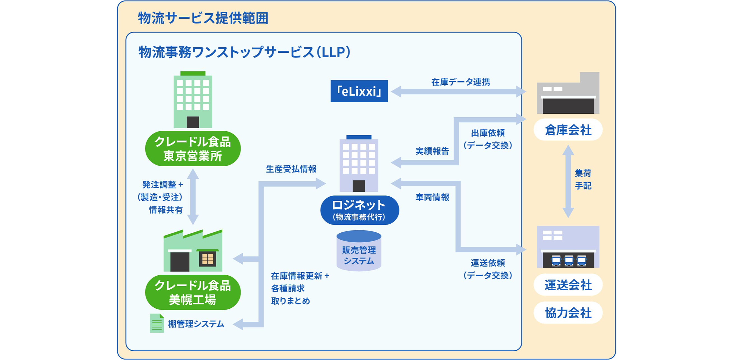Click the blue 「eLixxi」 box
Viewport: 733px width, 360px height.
359,91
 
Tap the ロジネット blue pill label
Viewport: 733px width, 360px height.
360,210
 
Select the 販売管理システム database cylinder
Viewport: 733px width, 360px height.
359,251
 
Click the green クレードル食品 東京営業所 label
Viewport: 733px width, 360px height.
193,149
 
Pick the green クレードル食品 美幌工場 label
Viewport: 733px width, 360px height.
193,292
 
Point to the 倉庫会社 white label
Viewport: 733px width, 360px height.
568,130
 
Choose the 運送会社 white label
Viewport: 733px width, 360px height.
568,285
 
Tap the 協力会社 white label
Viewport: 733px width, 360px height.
568,313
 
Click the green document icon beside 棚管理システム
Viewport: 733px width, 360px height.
157,323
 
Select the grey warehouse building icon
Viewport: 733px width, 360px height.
568,93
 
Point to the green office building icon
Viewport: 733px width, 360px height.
193,100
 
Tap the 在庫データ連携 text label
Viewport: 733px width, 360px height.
460,82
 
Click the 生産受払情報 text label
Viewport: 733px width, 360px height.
291,169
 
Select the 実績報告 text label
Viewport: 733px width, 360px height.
432,151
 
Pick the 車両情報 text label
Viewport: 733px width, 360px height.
432,197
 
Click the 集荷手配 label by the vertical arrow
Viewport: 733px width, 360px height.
583,180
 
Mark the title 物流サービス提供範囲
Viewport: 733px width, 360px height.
203,18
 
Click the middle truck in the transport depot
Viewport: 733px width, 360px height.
569,261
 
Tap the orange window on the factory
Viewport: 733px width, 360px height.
208,258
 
